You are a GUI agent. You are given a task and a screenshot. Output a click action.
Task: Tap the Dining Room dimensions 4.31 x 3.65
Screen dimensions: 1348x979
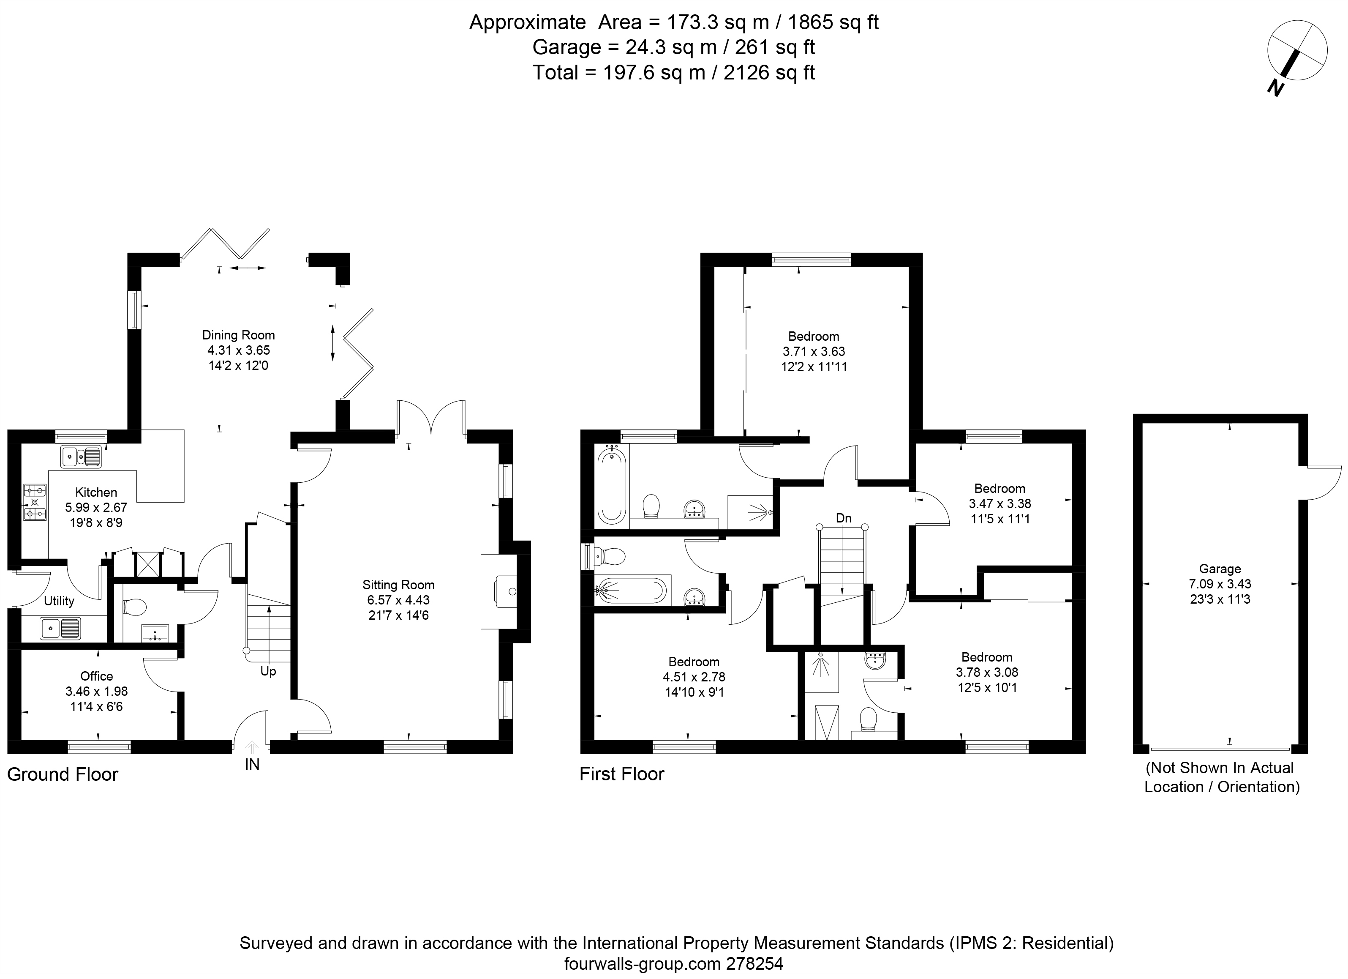point(238,350)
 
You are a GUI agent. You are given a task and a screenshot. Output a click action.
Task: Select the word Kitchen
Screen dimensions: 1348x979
point(96,492)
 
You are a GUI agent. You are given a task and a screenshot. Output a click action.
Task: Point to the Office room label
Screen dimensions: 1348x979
point(96,676)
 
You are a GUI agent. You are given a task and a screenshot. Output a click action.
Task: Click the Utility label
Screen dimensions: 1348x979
point(59,602)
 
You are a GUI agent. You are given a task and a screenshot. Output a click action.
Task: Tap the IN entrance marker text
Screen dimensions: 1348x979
point(252,764)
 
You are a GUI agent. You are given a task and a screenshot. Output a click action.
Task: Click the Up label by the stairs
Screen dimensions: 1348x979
point(268,672)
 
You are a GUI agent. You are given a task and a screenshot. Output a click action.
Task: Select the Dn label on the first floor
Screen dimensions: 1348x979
point(843,518)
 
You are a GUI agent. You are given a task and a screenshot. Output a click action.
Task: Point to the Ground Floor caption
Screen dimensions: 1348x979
point(63,774)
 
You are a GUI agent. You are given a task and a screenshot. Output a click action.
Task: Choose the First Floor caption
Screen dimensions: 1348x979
point(622,774)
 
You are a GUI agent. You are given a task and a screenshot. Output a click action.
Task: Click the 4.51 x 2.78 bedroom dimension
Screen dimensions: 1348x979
point(694,677)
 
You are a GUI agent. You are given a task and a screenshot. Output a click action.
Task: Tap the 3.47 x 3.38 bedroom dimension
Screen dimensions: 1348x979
point(1000,503)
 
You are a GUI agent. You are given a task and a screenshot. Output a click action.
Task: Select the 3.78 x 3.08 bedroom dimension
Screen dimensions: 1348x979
point(987,672)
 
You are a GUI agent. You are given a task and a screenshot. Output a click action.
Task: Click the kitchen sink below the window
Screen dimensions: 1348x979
point(81,457)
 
